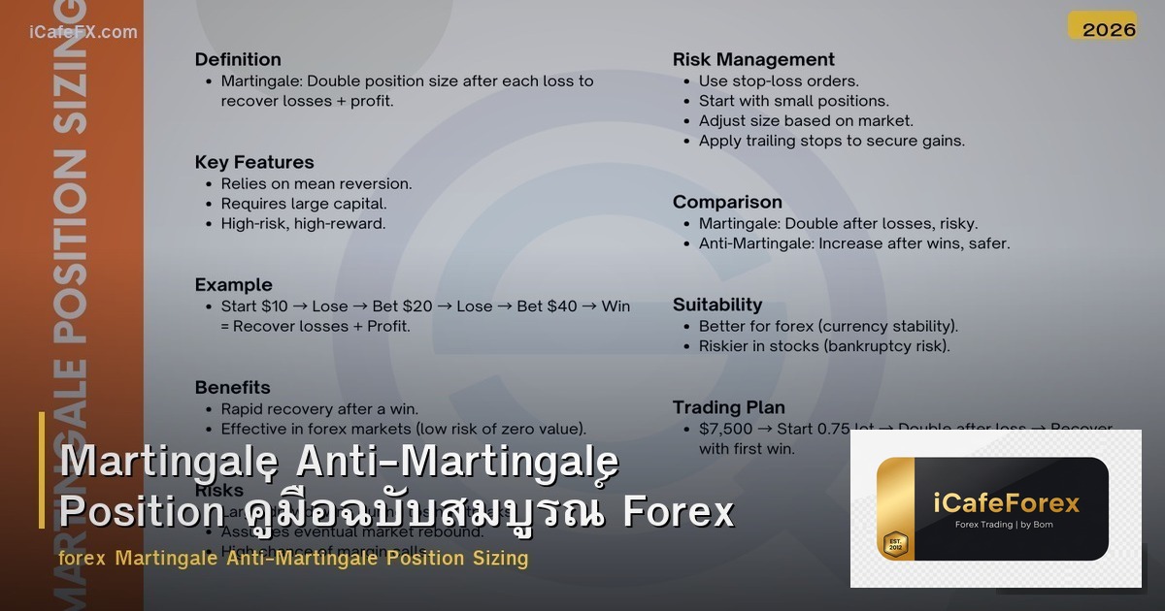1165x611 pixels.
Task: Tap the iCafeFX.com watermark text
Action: [83, 32]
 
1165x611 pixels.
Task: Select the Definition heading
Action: [238, 59]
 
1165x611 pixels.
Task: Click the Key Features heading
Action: [254, 162]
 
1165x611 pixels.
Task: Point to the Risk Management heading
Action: [753, 59]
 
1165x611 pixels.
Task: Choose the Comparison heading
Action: [727, 202]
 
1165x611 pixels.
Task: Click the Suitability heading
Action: [717, 305]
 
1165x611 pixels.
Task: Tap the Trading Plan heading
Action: [729, 407]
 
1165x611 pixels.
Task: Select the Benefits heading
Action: [232, 387]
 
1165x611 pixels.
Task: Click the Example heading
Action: [233, 284]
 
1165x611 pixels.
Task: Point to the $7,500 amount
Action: [724, 429]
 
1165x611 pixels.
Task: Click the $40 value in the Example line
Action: [567, 306]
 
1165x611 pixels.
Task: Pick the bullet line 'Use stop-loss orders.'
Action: [779, 81]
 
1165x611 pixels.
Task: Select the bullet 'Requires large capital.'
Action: [304, 204]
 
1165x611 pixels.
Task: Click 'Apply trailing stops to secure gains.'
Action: [832, 141]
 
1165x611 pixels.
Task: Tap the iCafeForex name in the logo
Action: [1006, 502]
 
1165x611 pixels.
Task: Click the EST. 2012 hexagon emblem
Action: [894, 543]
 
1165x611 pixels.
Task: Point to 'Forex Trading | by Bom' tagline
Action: [1005, 525]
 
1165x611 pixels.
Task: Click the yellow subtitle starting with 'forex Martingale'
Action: [293, 558]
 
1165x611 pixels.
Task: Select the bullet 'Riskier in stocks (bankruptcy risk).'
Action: [824, 346]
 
